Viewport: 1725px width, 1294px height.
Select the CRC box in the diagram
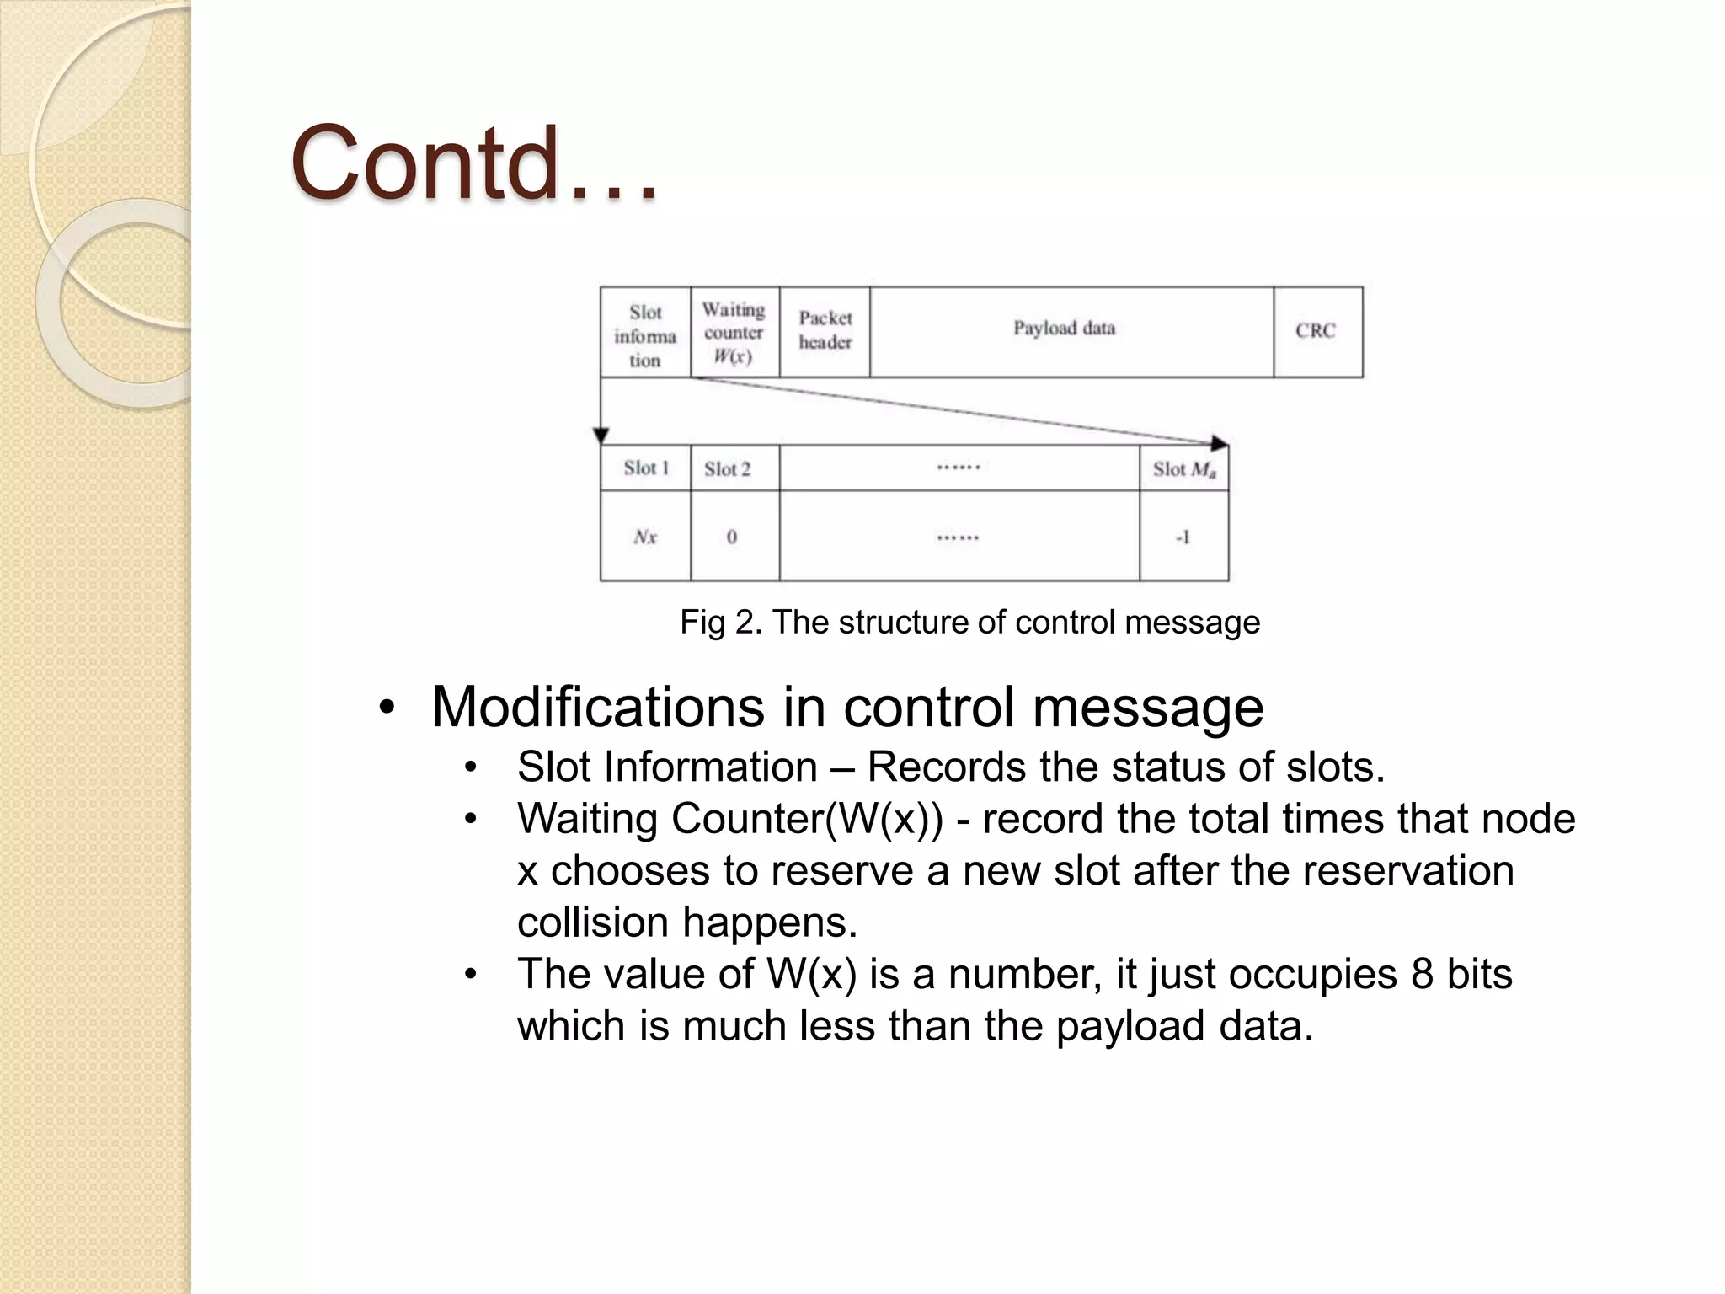click(1316, 331)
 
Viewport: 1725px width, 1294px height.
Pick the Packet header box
click(825, 331)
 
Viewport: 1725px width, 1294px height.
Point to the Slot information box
click(645, 334)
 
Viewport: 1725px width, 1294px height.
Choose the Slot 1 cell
click(645, 468)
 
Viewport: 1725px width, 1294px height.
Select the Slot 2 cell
click(734, 468)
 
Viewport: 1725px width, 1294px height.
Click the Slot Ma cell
click(1183, 468)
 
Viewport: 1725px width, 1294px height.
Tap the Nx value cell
click(645, 537)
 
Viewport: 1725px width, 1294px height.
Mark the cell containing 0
click(733, 537)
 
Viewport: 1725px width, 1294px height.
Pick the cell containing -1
click(1183, 537)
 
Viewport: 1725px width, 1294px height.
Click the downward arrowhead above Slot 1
click(601, 436)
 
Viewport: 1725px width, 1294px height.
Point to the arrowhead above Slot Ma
click(1219, 443)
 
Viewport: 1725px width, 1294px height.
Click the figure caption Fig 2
click(969, 622)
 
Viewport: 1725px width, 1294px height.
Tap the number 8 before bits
click(1422, 974)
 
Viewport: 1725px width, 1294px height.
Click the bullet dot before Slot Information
click(471, 767)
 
